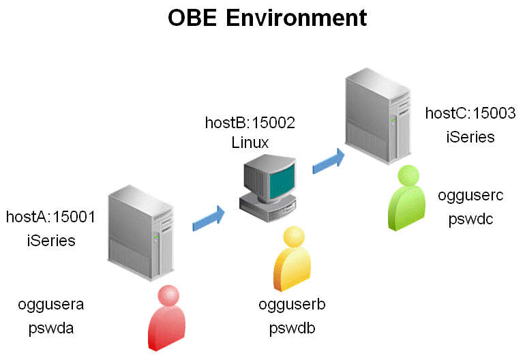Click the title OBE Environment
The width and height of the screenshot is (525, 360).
click(x=267, y=18)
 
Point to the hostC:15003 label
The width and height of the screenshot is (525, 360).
click(x=470, y=113)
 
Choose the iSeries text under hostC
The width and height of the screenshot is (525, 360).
click(x=470, y=136)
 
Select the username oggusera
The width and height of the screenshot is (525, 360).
click(x=50, y=304)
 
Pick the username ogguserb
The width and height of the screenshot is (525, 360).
click(x=292, y=304)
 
